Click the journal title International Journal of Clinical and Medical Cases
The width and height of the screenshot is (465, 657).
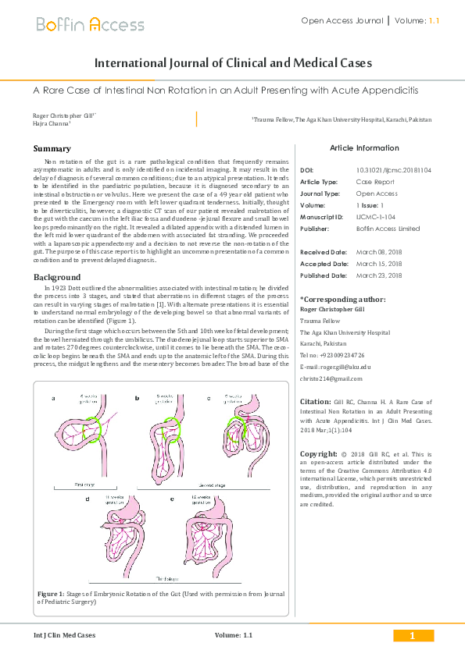[x=233, y=63]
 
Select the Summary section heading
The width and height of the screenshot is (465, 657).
[x=52, y=148]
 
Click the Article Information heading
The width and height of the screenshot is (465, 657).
[x=364, y=147]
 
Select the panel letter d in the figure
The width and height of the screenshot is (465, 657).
[x=88, y=498]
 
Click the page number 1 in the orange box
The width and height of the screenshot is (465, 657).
[x=411, y=636]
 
